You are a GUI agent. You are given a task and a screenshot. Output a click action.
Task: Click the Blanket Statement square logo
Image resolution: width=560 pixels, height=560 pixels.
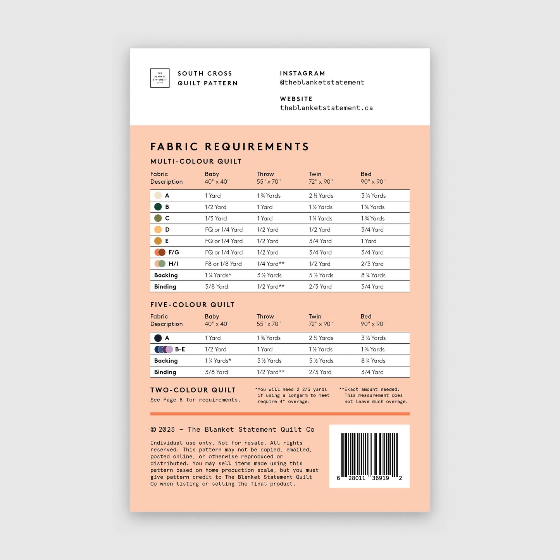pos(160,78)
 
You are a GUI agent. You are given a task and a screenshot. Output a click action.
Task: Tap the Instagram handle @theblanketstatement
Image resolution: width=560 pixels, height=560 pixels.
pos(322,82)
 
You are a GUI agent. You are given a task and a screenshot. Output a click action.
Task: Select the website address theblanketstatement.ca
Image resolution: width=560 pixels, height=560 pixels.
pos(326,108)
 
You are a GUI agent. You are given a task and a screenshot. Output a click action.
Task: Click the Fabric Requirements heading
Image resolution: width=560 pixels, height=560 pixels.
pos(229,146)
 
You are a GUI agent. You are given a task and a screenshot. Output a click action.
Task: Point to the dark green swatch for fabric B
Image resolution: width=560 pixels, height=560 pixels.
pos(158,207)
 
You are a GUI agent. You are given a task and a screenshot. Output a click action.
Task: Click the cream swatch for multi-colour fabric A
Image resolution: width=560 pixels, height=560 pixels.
pos(158,196)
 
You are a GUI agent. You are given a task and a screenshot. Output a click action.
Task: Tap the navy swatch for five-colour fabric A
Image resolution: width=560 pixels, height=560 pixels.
pos(158,338)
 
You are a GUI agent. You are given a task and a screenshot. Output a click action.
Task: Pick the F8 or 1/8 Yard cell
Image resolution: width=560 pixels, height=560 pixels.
pos(223,264)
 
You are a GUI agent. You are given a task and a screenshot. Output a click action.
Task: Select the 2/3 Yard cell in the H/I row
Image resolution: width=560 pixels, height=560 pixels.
pos(372,264)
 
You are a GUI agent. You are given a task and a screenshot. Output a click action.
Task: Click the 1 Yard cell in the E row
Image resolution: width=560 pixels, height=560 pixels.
pos(369,241)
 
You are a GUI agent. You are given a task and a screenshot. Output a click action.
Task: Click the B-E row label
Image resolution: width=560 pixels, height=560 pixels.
pos(180,349)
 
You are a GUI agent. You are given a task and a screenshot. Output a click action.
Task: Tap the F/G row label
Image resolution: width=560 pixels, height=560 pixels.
pos(174,252)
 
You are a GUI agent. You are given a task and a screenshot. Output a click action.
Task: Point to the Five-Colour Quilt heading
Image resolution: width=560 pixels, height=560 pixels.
pos(192,305)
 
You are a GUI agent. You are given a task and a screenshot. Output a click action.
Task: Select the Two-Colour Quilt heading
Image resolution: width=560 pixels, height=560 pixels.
pos(193,390)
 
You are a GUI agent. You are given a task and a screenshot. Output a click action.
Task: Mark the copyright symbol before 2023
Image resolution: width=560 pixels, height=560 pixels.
pos(153,429)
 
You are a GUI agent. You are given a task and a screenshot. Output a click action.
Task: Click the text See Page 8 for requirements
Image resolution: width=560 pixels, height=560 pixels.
pos(195,400)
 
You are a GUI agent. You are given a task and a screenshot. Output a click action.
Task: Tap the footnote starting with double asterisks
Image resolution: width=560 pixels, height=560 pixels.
pos(373,395)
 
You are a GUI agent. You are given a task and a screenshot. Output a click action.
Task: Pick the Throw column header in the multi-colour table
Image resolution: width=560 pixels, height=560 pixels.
pos(265,174)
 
